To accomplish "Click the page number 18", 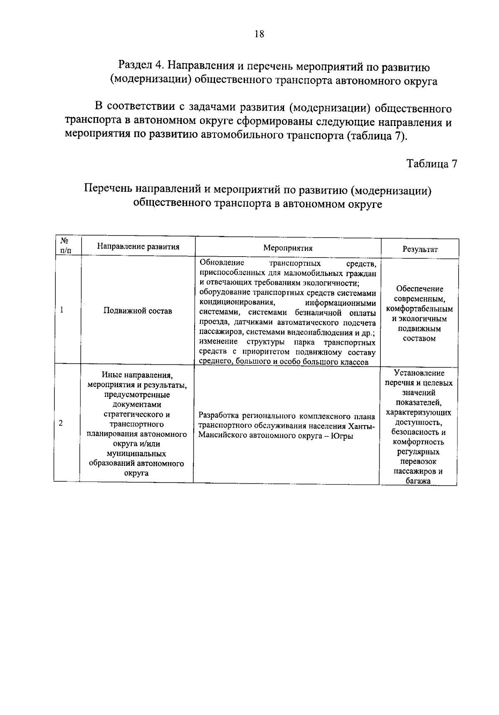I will click(x=259, y=34).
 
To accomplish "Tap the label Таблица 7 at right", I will click(x=432, y=163).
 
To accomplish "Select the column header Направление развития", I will click(x=138, y=247).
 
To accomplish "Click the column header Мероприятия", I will click(x=288, y=248).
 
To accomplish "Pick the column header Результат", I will click(x=420, y=249).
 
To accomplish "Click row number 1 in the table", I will click(x=62, y=310).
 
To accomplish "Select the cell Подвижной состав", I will click(x=138, y=311).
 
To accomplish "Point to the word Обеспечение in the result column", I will click(x=420, y=289).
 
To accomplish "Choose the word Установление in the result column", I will click(x=419, y=373).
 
